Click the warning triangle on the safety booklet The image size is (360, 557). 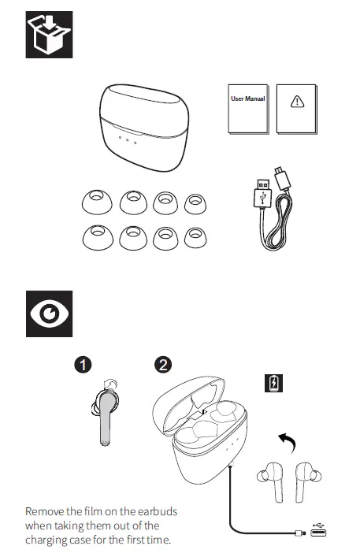297,102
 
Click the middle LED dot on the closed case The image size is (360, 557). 127,141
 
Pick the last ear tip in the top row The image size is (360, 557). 195,202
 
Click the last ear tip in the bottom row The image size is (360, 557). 195,236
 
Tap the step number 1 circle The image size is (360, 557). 85,364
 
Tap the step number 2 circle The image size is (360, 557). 163,364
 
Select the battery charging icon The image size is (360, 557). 273,384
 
